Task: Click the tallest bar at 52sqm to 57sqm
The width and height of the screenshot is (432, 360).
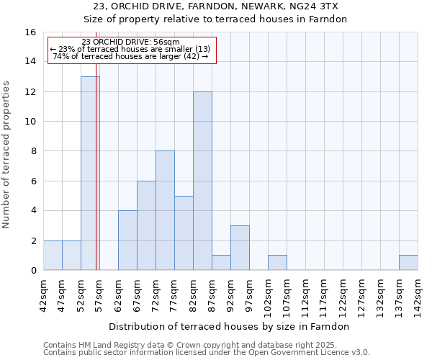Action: coord(90,173)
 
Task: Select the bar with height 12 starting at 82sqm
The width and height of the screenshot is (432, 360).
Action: coord(202,181)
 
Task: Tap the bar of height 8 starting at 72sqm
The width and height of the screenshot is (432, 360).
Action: coord(165,210)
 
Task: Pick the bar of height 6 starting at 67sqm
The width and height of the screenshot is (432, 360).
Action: coord(146,225)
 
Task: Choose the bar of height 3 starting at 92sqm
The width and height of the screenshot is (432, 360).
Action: coord(240,248)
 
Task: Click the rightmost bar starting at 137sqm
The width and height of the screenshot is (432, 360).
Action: coord(408,263)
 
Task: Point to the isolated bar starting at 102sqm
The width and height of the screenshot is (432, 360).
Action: coord(277,263)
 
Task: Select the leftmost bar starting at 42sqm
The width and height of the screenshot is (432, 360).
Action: coord(53,256)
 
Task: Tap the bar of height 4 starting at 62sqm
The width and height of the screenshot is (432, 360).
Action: coord(127,240)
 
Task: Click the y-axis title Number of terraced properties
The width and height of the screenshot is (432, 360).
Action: coord(7,155)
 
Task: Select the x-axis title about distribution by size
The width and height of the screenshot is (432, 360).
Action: coord(230,327)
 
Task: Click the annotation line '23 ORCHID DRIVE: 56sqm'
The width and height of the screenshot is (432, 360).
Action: coord(131,42)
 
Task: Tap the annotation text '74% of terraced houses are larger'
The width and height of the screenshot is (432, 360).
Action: coord(130,56)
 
